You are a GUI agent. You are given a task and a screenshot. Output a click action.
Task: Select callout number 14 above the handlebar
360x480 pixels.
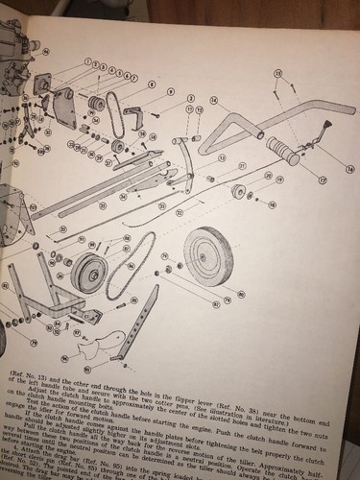[213, 100]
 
